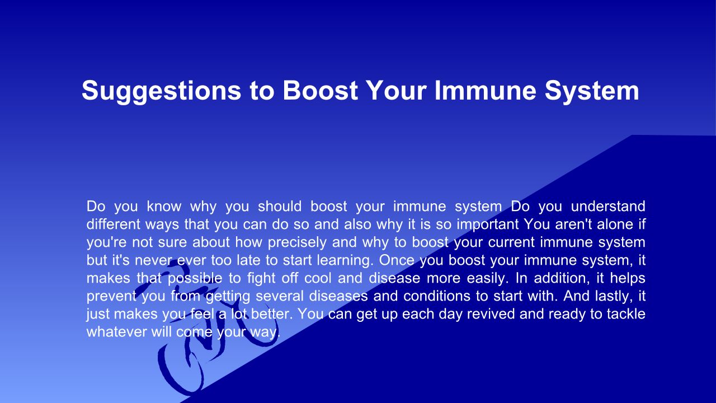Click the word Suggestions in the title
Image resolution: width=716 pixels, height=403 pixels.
point(162,91)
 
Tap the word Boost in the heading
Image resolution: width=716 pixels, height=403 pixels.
point(320,90)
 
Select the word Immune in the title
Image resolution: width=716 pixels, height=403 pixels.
point(485,90)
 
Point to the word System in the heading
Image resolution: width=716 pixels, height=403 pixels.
point(592,91)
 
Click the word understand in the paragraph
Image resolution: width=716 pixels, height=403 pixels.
point(608,207)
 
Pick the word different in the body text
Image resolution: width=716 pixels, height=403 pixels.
point(114,224)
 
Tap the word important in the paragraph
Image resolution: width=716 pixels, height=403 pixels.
point(488,225)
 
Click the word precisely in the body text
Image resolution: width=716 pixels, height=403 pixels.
point(297,243)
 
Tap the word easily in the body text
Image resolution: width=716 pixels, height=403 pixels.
point(487,279)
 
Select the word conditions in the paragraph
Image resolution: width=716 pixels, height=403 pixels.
point(437,296)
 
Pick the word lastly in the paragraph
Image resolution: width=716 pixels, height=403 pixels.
point(614,297)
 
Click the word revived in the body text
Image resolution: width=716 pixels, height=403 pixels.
point(491,314)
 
